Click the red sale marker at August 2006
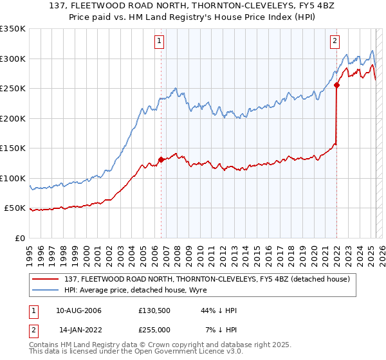tap(161, 160)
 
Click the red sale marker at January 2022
tap(336, 85)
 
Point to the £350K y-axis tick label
tap(13, 29)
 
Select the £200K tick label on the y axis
tap(13, 118)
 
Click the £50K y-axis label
tap(15, 208)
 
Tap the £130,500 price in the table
tap(154, 310)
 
